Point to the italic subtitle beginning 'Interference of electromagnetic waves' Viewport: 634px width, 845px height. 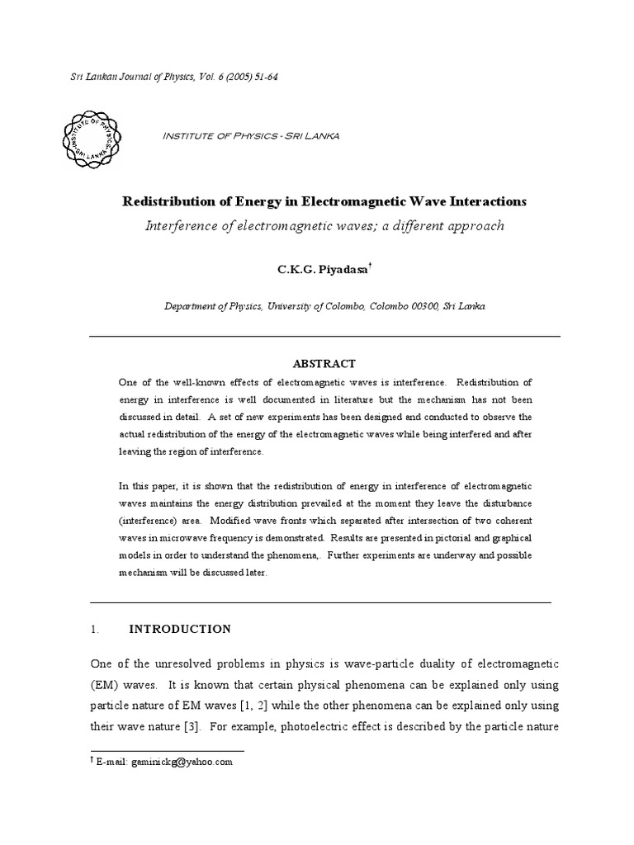[324, 225]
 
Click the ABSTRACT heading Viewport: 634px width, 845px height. [324, 364]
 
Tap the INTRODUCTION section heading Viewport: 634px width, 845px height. [180, 629]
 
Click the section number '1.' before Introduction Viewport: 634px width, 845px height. [94, 629]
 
